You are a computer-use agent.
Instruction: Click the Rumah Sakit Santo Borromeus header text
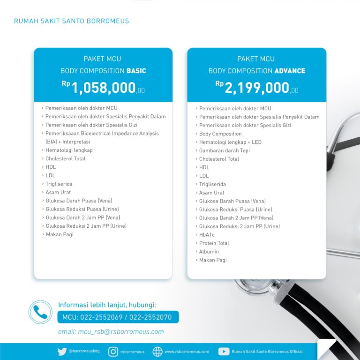pos(71,21)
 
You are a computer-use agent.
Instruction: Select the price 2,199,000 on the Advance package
pos(257,88)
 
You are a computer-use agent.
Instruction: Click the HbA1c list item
pos(207,235)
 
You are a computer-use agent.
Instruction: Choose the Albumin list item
pos(209,252)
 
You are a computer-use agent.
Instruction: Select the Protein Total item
pos(214,243)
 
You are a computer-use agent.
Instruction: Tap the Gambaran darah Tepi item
pos(224,150)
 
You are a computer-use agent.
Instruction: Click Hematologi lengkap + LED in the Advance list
pos(230,142)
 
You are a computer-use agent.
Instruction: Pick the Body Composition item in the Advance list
pos(220,134)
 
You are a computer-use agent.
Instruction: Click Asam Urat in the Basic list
pos(59,192)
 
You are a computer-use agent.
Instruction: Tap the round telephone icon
pos(40,312)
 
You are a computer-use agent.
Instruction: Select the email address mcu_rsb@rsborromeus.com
pos(111,332)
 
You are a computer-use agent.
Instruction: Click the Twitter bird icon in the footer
pos(62,352)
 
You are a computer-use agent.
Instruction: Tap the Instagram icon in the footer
pos(113,352)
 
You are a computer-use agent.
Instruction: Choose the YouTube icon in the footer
pos(224,352)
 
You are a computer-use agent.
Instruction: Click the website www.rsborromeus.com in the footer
pos(187,352)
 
